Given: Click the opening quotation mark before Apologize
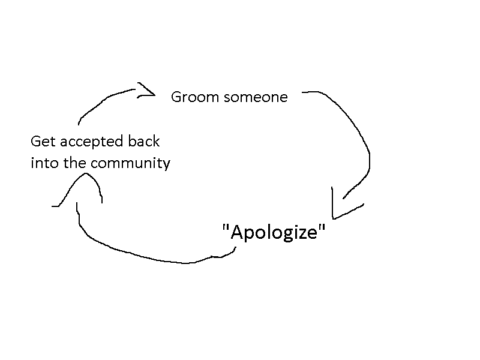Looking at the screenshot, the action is [225, 227].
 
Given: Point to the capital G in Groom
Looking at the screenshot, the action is [176, 97].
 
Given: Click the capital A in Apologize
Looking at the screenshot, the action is [235, 232].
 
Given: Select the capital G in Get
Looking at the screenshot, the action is [35, 142].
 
